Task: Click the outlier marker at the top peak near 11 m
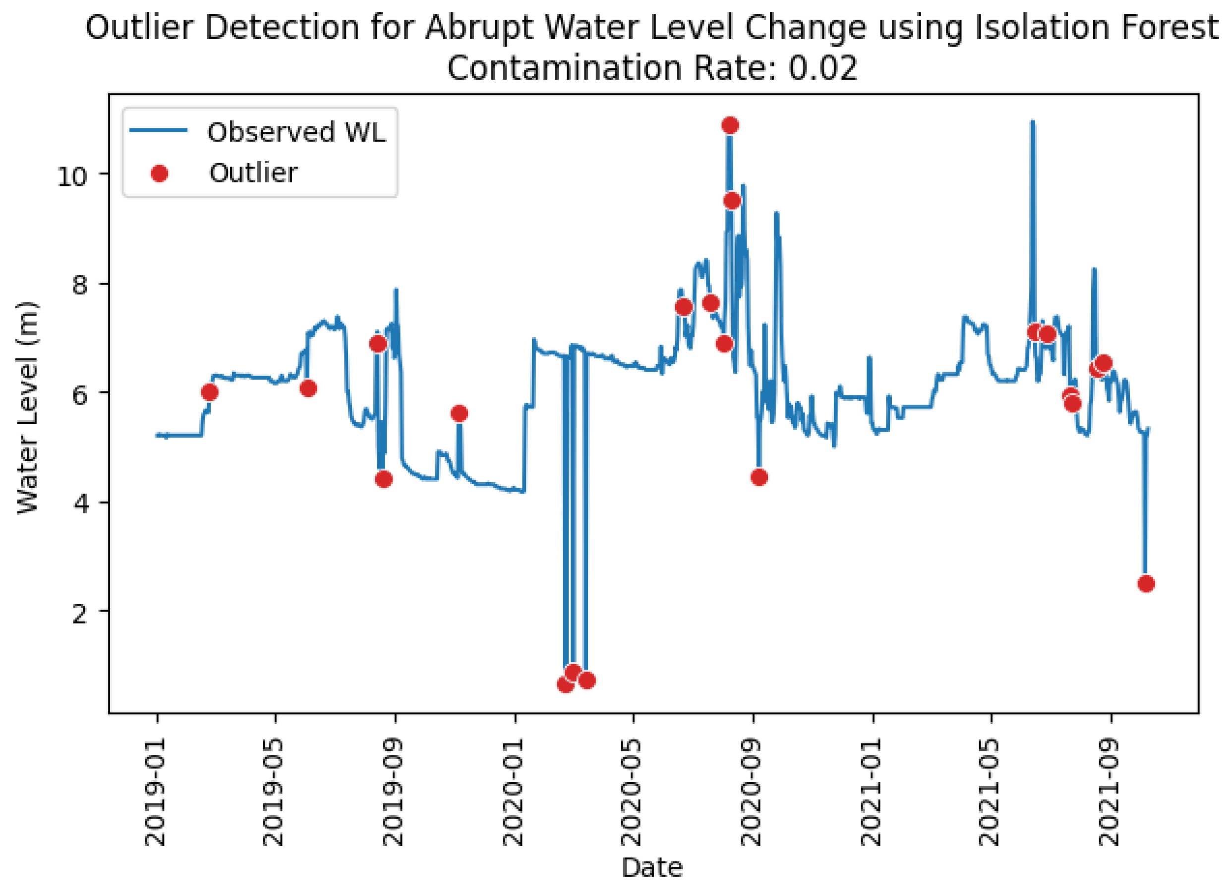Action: point(730,125)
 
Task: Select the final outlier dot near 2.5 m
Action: point(1146,584)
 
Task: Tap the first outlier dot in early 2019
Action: point(209,392)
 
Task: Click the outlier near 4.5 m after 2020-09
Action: point(760,477)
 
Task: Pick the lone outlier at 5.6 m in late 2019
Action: point(459,414)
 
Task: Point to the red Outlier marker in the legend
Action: point(159,173)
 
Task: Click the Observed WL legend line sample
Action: point(158,130)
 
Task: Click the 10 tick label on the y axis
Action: point(72,176)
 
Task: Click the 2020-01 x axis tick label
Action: point(513,792)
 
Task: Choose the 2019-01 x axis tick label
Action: point(155,792)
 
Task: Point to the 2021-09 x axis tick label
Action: point(1109,792)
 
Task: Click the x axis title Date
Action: point(652,868)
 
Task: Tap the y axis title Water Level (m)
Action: point(27,407)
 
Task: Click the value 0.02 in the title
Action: point(823,68)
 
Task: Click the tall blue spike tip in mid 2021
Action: point(1033,122)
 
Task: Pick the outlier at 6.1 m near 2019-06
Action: point(308,388)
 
